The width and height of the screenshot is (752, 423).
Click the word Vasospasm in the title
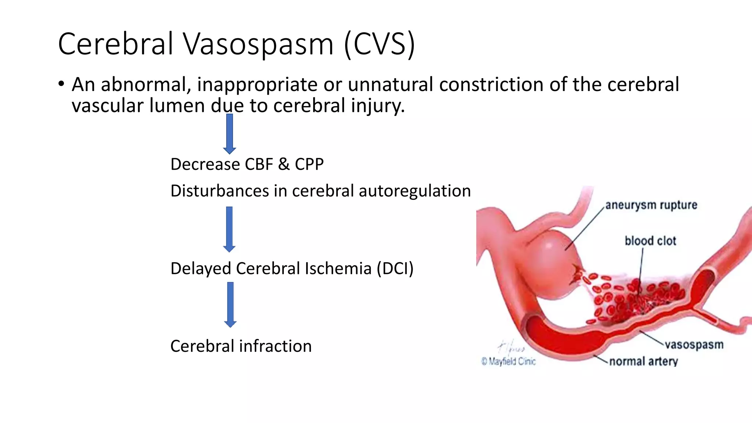click(258, 44)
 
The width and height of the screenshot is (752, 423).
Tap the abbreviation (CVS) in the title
click(379, 44)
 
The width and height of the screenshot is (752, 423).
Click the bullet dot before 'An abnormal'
click(61, 84)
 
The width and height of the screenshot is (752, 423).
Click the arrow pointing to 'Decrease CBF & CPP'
click(229, 134)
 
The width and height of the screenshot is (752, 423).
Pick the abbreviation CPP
click(309, 164)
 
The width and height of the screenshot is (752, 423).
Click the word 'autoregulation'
click(415, 191)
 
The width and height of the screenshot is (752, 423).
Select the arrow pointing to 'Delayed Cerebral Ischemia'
click(229, 229)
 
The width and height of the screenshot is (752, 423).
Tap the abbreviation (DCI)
click(395, 268)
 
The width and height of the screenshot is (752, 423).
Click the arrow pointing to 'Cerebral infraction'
click(230, 304)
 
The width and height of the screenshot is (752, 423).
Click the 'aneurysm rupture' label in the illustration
click(651, 205)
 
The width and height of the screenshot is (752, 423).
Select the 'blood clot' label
click(650, 241)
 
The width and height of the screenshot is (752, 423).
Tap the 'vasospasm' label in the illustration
click(694, 345)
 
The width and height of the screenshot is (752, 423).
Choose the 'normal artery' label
click(643, 361)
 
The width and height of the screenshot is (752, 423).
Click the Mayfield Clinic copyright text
click(509, 361)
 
